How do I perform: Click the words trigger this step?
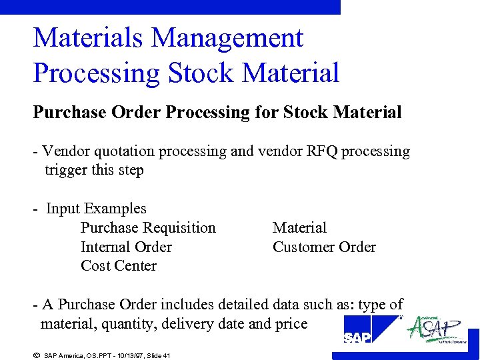click(94, 170)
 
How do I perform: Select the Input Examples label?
click(96, 209)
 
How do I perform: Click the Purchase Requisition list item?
click(148, 228)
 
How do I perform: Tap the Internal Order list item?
click(126, 247)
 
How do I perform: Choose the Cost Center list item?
click(118, 266)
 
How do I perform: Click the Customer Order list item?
click(324, 247)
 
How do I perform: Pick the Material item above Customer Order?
click(299, 228)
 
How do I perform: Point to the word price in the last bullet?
click(291, 325)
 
